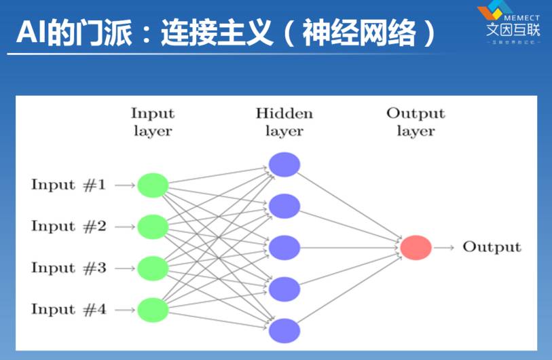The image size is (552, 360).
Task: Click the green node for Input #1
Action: [153, 185]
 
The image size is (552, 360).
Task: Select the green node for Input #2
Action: [153, 226]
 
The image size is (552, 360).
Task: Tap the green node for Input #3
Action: [153, 268]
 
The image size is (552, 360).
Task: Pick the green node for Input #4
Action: [153, 309]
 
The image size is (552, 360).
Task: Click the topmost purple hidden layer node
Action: [284, 164]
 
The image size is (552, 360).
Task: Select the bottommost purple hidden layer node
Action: [284, 331]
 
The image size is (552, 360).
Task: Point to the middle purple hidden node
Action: [284, 247]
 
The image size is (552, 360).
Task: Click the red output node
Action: [416, 247]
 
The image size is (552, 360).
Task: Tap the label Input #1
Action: [69, 185]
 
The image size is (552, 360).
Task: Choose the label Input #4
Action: [69, 309]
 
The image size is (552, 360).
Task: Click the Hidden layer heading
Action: [284, 122]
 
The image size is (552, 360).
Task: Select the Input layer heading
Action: [153, 122]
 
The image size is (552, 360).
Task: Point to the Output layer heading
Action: [416, 122]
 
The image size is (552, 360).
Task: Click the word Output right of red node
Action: [492, 247]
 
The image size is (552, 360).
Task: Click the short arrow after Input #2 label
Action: [124, 226]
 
